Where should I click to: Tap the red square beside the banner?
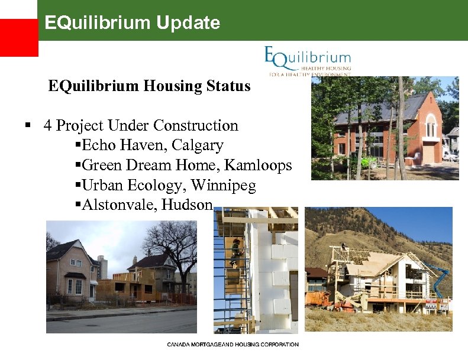click(x=19, y=37)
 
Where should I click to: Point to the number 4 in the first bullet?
click(x=47, y=126)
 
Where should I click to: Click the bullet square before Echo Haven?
click(x=79, y=145)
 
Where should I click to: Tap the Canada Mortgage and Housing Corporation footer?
click(x=233, y=345)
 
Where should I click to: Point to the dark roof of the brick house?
click(x=379, y=109)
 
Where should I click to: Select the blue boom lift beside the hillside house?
click(x=442, y=278)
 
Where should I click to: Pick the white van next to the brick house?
click(x=449, y=155)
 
